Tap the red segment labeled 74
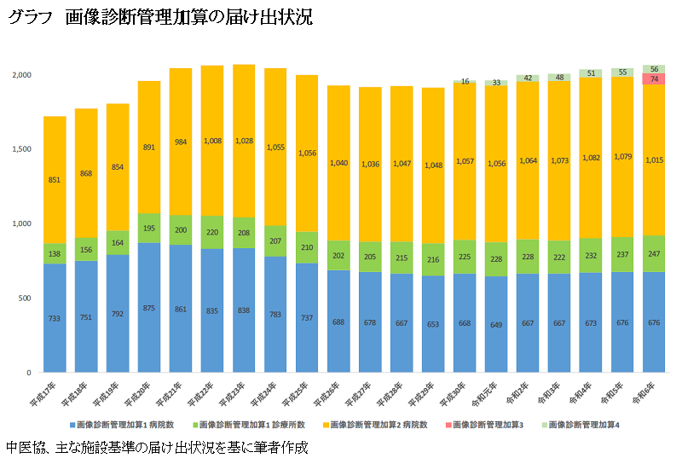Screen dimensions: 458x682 654,78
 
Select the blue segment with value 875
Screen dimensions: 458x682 149,308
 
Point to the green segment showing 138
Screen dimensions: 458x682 55,253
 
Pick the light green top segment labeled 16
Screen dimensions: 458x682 465,81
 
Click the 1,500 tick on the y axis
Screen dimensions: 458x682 21,149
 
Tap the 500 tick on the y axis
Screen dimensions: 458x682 25,299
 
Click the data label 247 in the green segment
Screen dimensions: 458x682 654,254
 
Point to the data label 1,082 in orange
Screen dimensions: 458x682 591,159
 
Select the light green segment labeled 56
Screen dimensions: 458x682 654,68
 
